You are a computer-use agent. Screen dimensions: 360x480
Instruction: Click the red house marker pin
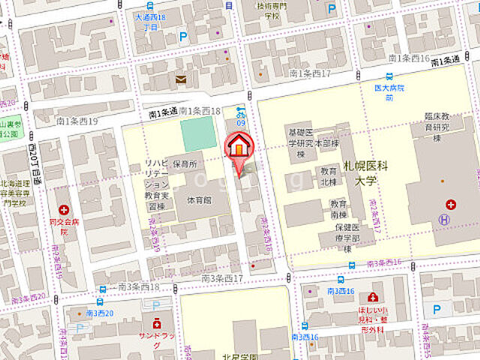(238, 145)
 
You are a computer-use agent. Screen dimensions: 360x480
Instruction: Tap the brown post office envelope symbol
(181, 79)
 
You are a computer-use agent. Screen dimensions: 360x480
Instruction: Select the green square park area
(198, 133)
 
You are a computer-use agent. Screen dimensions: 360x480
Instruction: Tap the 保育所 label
(183, 163)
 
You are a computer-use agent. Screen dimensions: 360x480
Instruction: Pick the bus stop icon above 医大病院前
(388, 76)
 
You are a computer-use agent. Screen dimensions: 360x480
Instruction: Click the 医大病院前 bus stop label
(389, 92)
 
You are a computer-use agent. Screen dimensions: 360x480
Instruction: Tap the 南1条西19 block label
(77, 120)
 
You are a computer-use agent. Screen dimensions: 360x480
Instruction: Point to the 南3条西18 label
(139, 287)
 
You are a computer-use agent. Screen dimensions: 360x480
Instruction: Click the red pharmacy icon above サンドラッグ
(156, 323)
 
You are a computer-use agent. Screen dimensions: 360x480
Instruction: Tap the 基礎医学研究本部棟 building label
(304, 143)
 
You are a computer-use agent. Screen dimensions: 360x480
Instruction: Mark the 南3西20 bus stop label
(100, 312)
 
